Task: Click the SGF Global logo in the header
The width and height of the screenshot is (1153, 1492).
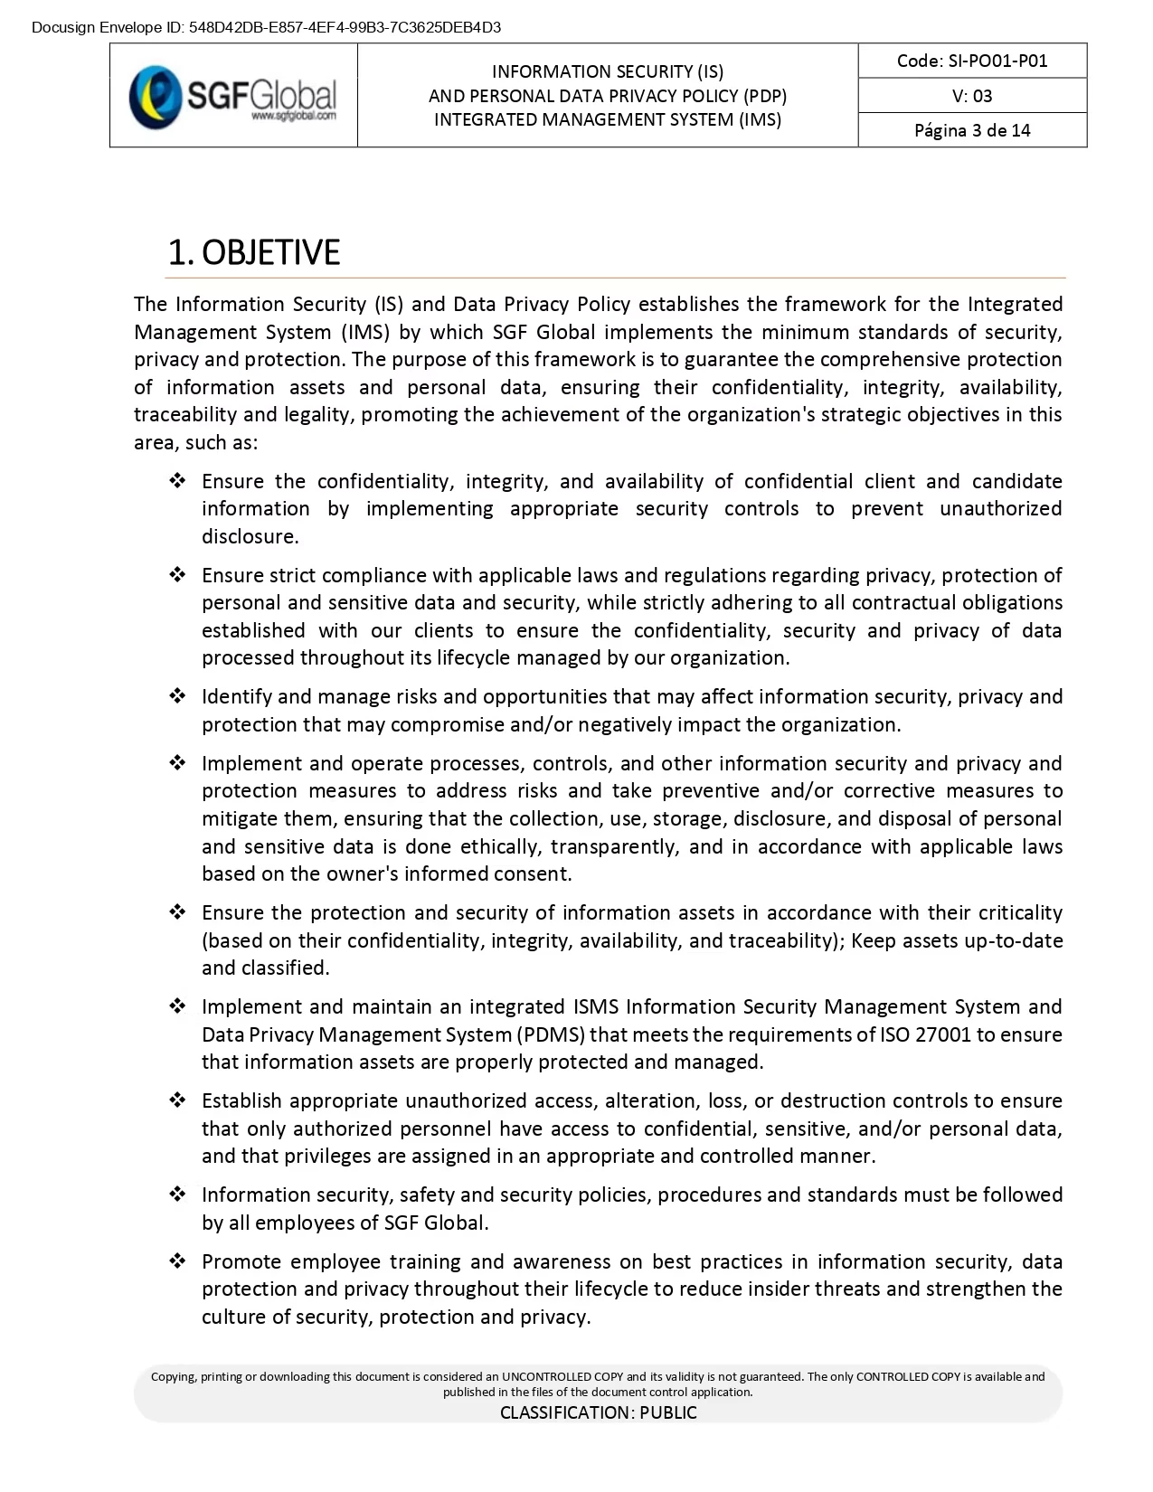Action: (x=232, y=96)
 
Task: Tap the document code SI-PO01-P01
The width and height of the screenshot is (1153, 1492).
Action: (x=972, y=61)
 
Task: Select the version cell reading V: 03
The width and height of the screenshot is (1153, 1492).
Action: (x=972, y=96)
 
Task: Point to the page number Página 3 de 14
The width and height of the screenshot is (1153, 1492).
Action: (x=972, y=130)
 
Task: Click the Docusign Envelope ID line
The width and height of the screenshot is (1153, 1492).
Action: (x=266, y=27)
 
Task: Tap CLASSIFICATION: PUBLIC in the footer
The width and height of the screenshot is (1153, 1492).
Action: (x=599, y=1412)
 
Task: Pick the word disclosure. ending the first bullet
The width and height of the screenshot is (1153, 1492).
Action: (x=250, y=536)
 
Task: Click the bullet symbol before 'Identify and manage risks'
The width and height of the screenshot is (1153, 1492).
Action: (x=177, y=696)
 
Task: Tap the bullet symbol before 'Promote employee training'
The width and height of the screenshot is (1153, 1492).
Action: (x=177, y=1261)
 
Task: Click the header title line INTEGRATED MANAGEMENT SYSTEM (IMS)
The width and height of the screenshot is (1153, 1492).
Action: (x=608, y=119)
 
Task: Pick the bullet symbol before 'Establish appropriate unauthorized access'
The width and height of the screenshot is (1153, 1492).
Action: (x=177, y=1100)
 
